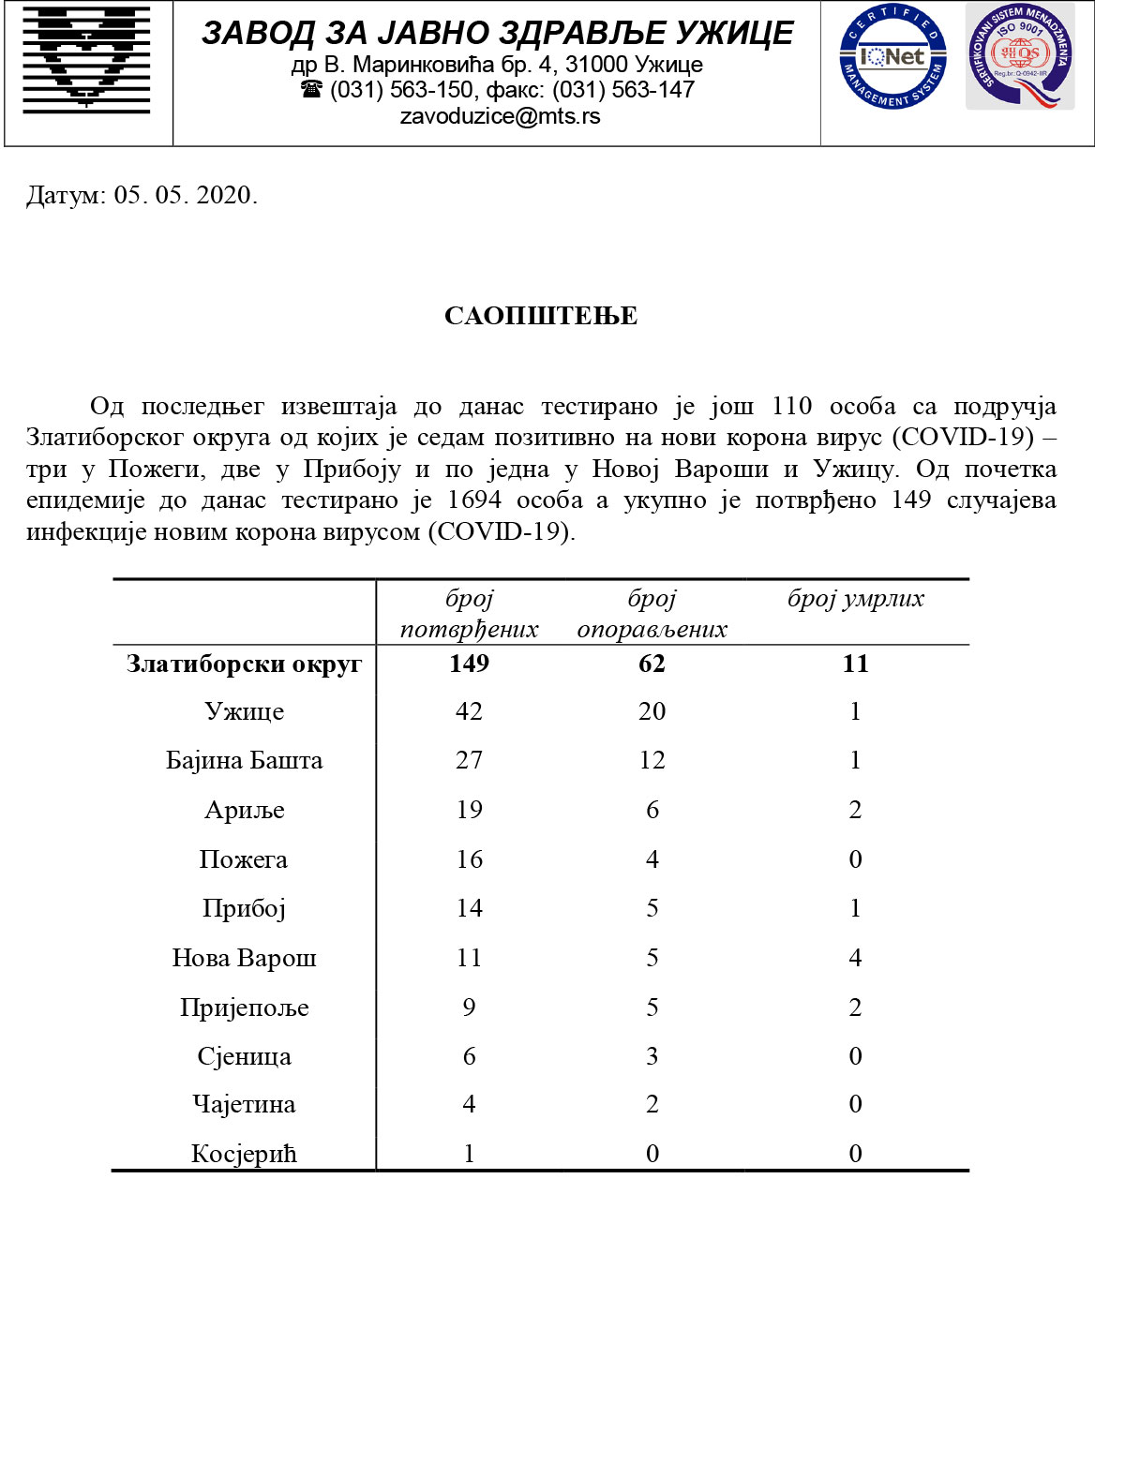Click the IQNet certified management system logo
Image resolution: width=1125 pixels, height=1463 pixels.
coord(892,56)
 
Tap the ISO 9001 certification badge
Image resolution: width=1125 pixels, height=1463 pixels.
coord(1020,56)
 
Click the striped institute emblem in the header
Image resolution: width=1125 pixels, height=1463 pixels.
coord(86,59)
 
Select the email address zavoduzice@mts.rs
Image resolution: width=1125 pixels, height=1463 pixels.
coord(500,116)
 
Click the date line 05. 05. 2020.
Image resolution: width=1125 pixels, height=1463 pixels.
coord(142,195)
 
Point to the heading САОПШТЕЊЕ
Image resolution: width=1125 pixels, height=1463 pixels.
coord(541,316)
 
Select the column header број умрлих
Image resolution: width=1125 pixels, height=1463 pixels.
coord(855,599)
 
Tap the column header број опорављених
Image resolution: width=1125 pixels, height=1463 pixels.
coord(652,614)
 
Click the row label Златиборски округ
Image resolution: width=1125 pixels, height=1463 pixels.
coord(244,664)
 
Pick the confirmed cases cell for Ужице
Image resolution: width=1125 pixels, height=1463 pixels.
coord(469,711)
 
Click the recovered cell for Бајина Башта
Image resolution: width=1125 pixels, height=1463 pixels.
coord(652,760)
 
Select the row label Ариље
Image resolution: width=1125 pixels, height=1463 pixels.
coord(244,810)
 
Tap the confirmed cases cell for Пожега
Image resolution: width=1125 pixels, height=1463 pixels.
coord(469,859)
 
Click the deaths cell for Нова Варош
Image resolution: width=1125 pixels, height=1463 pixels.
coord(855,958)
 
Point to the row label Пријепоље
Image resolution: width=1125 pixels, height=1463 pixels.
coord(244,1008)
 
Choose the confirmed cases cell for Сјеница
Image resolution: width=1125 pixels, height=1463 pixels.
coord(469,1056)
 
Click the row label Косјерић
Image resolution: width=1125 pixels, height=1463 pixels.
coord(244,1154)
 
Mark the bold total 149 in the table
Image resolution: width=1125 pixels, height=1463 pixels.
coord(469,664)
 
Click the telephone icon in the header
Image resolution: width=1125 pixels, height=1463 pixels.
coord(311,90)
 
